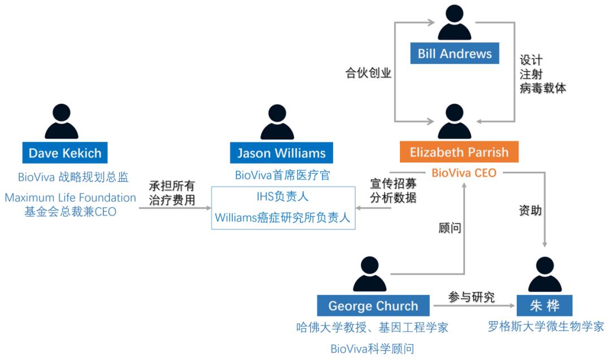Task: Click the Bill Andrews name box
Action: pyautogui.click(x=455, y=54)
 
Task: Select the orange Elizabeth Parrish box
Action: pyautogui.click(x=459, y=152)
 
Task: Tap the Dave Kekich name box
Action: pyautogui.click(x=64, y=153)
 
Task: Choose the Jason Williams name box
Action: pyautogui.click(x=281, y=153)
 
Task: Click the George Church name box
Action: pyautogui.click(x=373, y=306)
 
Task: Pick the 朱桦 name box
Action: pyautogui.click(x=544, y=306)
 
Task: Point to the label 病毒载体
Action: pyautogui.click(x=543, y=88)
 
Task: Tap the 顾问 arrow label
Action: pyautogui.click(x=450, y=228)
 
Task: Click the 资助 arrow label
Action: pyautogui.click(x=530, y=211)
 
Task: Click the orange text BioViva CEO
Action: pyautogui.click(x=464, y=173)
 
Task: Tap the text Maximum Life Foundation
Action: pyautogui.click(x=71, y=198)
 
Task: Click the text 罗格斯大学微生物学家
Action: pyautogui.click(x=546, y=326)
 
